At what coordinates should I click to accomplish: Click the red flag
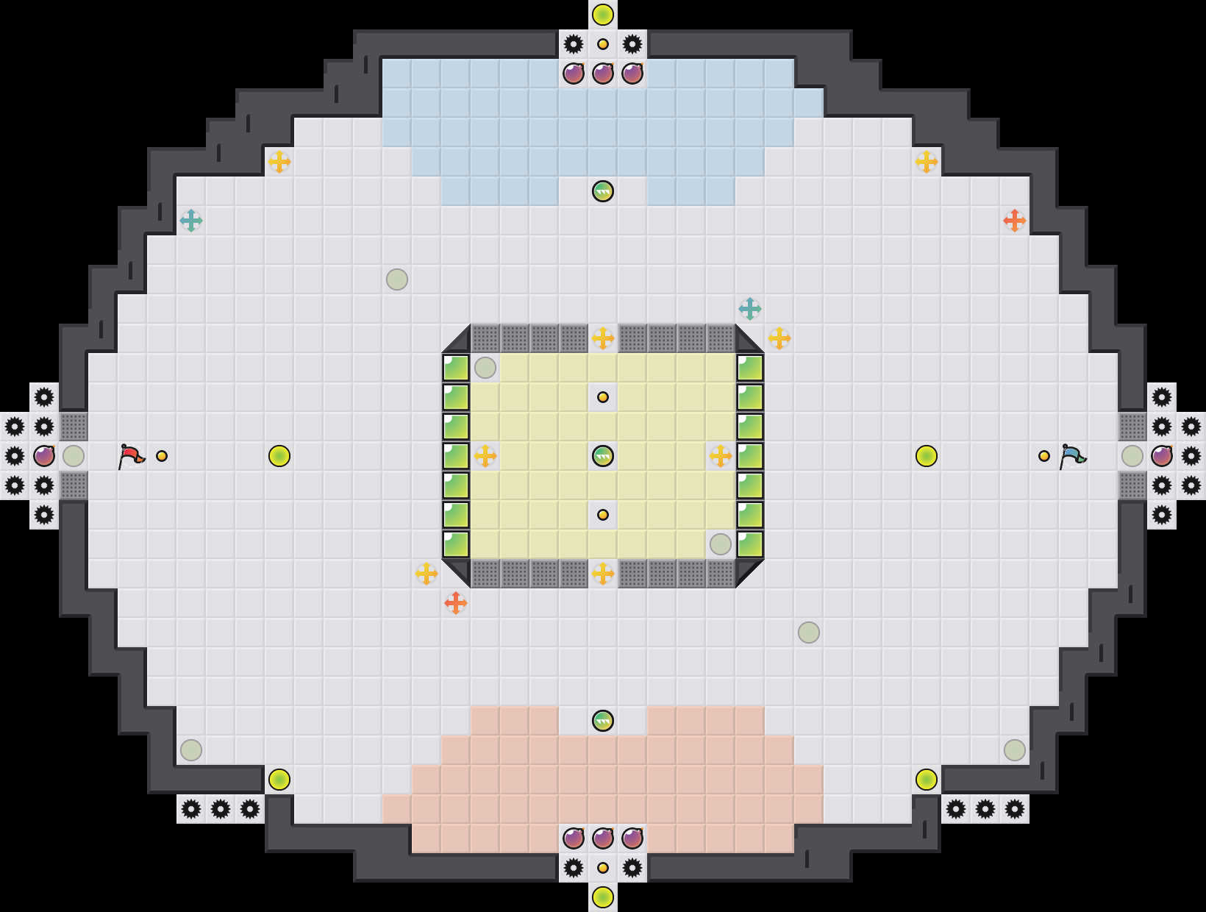click(131, 456)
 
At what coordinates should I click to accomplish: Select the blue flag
click(1072, 456)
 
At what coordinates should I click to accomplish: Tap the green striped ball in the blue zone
click(603, 191)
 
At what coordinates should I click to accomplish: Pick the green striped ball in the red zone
click(603, 721)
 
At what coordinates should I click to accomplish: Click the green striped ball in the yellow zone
click(603, 456)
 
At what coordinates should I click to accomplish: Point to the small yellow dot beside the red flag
click(162, 456)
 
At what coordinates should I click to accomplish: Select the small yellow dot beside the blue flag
click(1044, 456)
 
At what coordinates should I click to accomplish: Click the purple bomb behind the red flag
click(44, 456)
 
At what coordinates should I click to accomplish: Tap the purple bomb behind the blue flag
click(1162, 456)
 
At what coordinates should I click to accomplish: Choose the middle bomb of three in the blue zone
click(603, 74)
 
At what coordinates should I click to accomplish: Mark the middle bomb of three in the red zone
click(603, 838)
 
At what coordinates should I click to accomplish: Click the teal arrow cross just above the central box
click(750, 309)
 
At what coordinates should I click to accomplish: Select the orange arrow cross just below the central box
click(456, 603)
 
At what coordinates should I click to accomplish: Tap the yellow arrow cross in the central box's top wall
click(603, 338)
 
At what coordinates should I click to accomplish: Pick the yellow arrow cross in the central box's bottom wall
click(603, 574)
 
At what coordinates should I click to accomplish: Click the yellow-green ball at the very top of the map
click(603, 15)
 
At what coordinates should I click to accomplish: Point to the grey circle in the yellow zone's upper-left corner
click(485, 368)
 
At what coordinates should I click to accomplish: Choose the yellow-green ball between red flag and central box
click(279, 456)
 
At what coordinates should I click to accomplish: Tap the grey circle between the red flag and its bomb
click(74, 456)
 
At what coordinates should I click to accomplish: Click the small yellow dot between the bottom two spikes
click(603, 868)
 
